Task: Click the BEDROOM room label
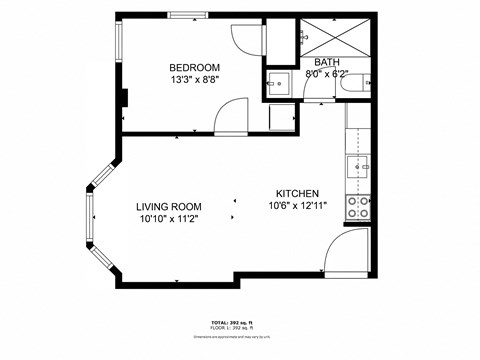[x=168, y=68]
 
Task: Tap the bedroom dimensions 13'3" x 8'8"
[x=168, y=79]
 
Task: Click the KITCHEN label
[x=297, y=194]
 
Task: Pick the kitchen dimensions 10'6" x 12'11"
[x=297, y=206]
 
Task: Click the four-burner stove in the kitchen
[x=358, y=207]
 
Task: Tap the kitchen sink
[x=357, y=165]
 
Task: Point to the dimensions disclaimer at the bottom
[x=239, y=337]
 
